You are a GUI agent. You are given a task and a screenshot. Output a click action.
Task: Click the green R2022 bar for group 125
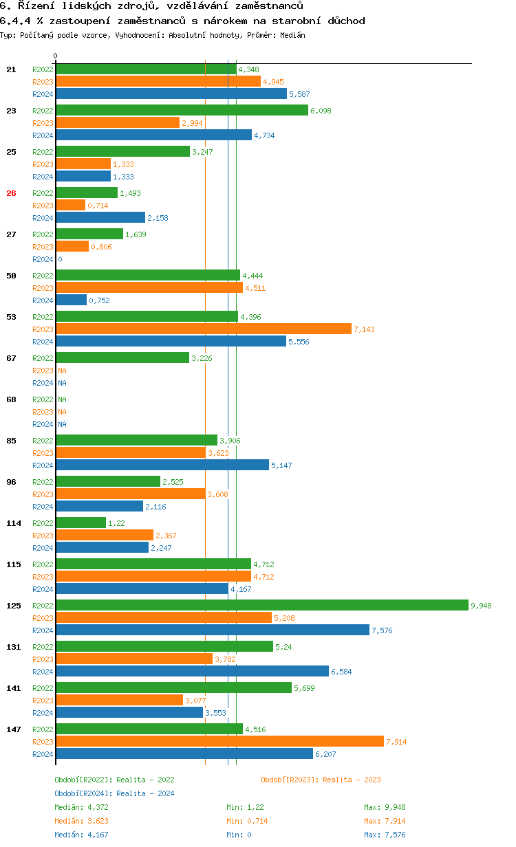coord(261,605)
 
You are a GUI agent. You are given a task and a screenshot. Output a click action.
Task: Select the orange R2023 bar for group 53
coord(203,329)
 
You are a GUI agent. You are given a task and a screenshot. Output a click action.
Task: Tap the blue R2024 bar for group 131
coord(192,671)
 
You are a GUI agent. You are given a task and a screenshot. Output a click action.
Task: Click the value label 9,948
coord(481,606)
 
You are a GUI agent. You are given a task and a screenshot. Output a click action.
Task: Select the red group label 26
coord(11,193)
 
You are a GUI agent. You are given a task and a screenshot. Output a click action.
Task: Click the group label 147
coord(13,729)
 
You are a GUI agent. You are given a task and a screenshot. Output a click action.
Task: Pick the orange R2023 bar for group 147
coord(219,741)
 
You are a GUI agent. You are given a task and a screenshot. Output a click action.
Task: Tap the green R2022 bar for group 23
coord(182,110)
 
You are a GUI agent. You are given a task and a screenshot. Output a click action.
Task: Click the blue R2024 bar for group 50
coord(71,300)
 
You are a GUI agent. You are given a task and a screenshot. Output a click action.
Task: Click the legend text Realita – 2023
coord(352,780)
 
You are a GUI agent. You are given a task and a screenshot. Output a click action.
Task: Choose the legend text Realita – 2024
coord(145,793)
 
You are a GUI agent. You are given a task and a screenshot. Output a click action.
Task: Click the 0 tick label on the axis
coord(55,56)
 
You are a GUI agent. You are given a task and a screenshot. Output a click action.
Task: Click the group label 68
coord(11,399)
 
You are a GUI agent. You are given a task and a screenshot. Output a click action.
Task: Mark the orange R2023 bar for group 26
coord(70,205)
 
